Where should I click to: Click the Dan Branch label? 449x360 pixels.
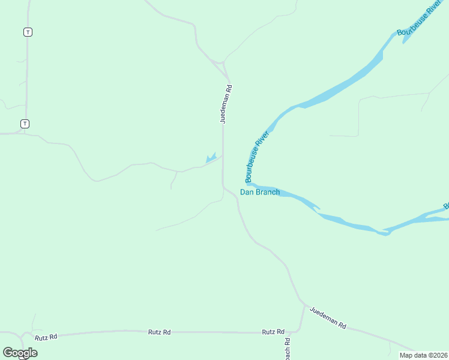click(x=260, y=192)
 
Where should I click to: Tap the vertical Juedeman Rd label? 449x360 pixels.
click(x=225, y=104)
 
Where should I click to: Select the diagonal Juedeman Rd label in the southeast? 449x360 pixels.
click(x=328, y=317)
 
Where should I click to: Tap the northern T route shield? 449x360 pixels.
click(x=27, y=32)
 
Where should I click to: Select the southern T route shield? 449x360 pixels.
click(x=25, y=124)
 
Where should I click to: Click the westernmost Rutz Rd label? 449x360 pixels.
click(x=46, y=337)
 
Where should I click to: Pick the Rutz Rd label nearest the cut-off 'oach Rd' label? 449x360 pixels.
click(x=273, y=332)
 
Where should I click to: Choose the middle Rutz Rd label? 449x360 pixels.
click(x=160, y=332)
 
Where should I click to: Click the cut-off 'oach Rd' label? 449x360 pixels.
click(x=287, y=348)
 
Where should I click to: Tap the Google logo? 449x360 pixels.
click(x=20, y=353)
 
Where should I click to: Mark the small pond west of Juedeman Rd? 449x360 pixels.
click(x=210, y=158)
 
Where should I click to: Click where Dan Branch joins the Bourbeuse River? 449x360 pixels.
click(x=248, y=184)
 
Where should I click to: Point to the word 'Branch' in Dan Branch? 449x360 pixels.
click(x=268, y=192)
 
